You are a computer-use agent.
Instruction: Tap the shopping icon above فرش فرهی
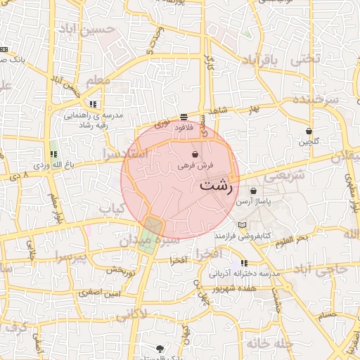pyautogui.click(x=195, y=154)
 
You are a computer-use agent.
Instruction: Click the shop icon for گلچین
pyautogui.click(x=309, y=131)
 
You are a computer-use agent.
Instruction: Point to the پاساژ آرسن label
pyautogui.click(x=253, y=202)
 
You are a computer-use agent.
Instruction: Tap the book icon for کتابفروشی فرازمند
pyautogui.click(x=243, y=225)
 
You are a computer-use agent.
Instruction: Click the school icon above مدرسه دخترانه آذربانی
pyautogui.click(x=244, y=263)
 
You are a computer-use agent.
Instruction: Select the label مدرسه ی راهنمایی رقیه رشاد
pyautogui.click(x=95, y=119)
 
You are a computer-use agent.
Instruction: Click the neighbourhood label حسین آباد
pyautogui.click(x=105, y=30)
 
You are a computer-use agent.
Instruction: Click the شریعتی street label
pyautogui.click(x=288, y=176)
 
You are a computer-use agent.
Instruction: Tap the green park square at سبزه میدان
pyautogui.click(x=150, y=227)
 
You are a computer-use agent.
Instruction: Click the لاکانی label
pyautogui.click(x=131, y=315)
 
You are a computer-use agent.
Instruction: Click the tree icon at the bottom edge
pyautogui.click(x=160, y=349)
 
